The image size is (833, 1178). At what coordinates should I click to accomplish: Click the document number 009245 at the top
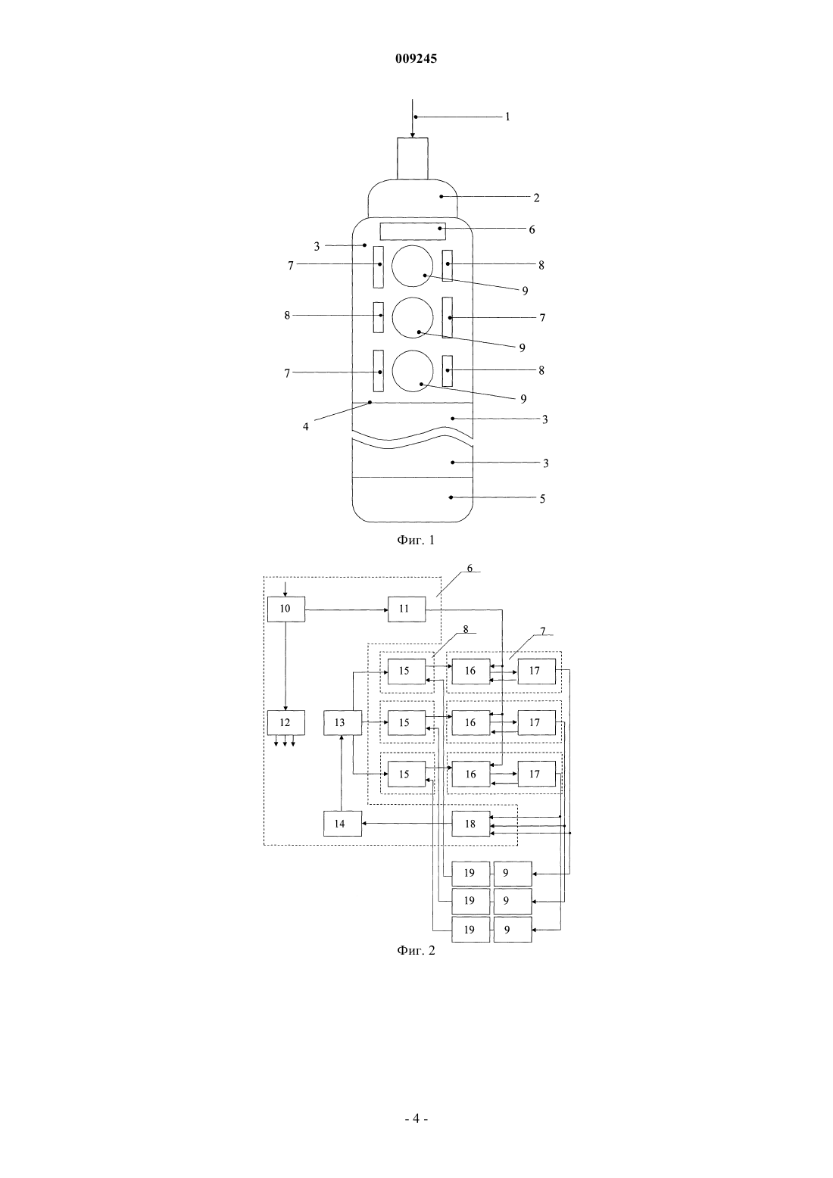pyautogui.click(x=416, y=58)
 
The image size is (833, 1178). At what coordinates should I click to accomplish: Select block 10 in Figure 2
pyautogui.click(x=285, y=609)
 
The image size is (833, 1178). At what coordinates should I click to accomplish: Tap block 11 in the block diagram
pyautogui.click(x=407, y=609)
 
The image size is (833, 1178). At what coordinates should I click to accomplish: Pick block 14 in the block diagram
pyautogui.click(x=342, y=824)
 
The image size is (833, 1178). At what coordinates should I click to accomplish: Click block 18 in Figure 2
pyautogui.click(x=471, y=824)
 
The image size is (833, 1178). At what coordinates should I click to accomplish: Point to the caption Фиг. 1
pyautogui.click(x=416, y=540)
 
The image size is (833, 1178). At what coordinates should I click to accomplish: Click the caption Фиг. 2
pyautogui.click(x=416, y=950)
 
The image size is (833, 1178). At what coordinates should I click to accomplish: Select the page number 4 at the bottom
pyautogui.click(x=416, y=1118)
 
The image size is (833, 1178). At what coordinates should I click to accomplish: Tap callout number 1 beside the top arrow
pyautogui.click(x=507, y=117)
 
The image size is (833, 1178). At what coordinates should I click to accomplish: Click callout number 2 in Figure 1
pyautogui.click(x=536, y=198)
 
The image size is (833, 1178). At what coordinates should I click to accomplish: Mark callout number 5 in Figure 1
pyautogui.click(x=543, y=499)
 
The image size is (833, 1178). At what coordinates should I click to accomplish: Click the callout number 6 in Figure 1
pyautogui.click(x=532, y=230)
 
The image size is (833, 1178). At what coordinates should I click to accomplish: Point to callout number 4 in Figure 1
pyautogui.click(x=305, y=426)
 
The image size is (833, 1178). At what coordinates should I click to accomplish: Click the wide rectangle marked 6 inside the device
pyautogui.click(x=413, y=232)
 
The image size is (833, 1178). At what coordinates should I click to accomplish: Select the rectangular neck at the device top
pyautogui.click(x=413, y=158)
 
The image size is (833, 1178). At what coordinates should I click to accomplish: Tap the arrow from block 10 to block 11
pyautogui.click(x=347, y=609)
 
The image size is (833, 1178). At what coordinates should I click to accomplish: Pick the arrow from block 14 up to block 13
pyautogui.click(x=342, y=773)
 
